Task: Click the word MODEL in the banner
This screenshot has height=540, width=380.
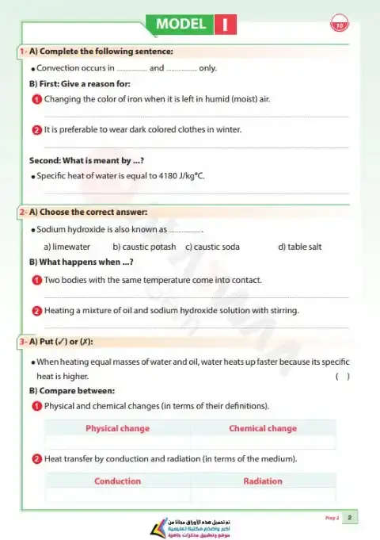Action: click(181, 24)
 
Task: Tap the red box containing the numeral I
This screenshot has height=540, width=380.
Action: click(226, 25)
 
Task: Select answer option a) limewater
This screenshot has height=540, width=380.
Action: click(66, 247)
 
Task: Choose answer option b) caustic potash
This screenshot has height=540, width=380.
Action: click(144, 247)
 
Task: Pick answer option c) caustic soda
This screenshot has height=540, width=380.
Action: click(212, 247)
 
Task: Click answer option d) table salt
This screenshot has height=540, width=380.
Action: click(300, 247)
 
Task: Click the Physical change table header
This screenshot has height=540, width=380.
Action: click(117, 428)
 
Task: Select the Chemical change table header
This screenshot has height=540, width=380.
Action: click(263, 428)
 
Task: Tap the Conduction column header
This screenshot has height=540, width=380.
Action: click(117, 481)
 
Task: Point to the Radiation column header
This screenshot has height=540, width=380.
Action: click(263, 481)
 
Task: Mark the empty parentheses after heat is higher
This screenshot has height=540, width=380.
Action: click(342, 376)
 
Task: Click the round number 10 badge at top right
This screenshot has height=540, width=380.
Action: click(340, 25)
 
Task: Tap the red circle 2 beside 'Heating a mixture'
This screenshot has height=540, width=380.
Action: click(36, 311)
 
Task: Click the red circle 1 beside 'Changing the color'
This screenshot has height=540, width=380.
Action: click(36, 99)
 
